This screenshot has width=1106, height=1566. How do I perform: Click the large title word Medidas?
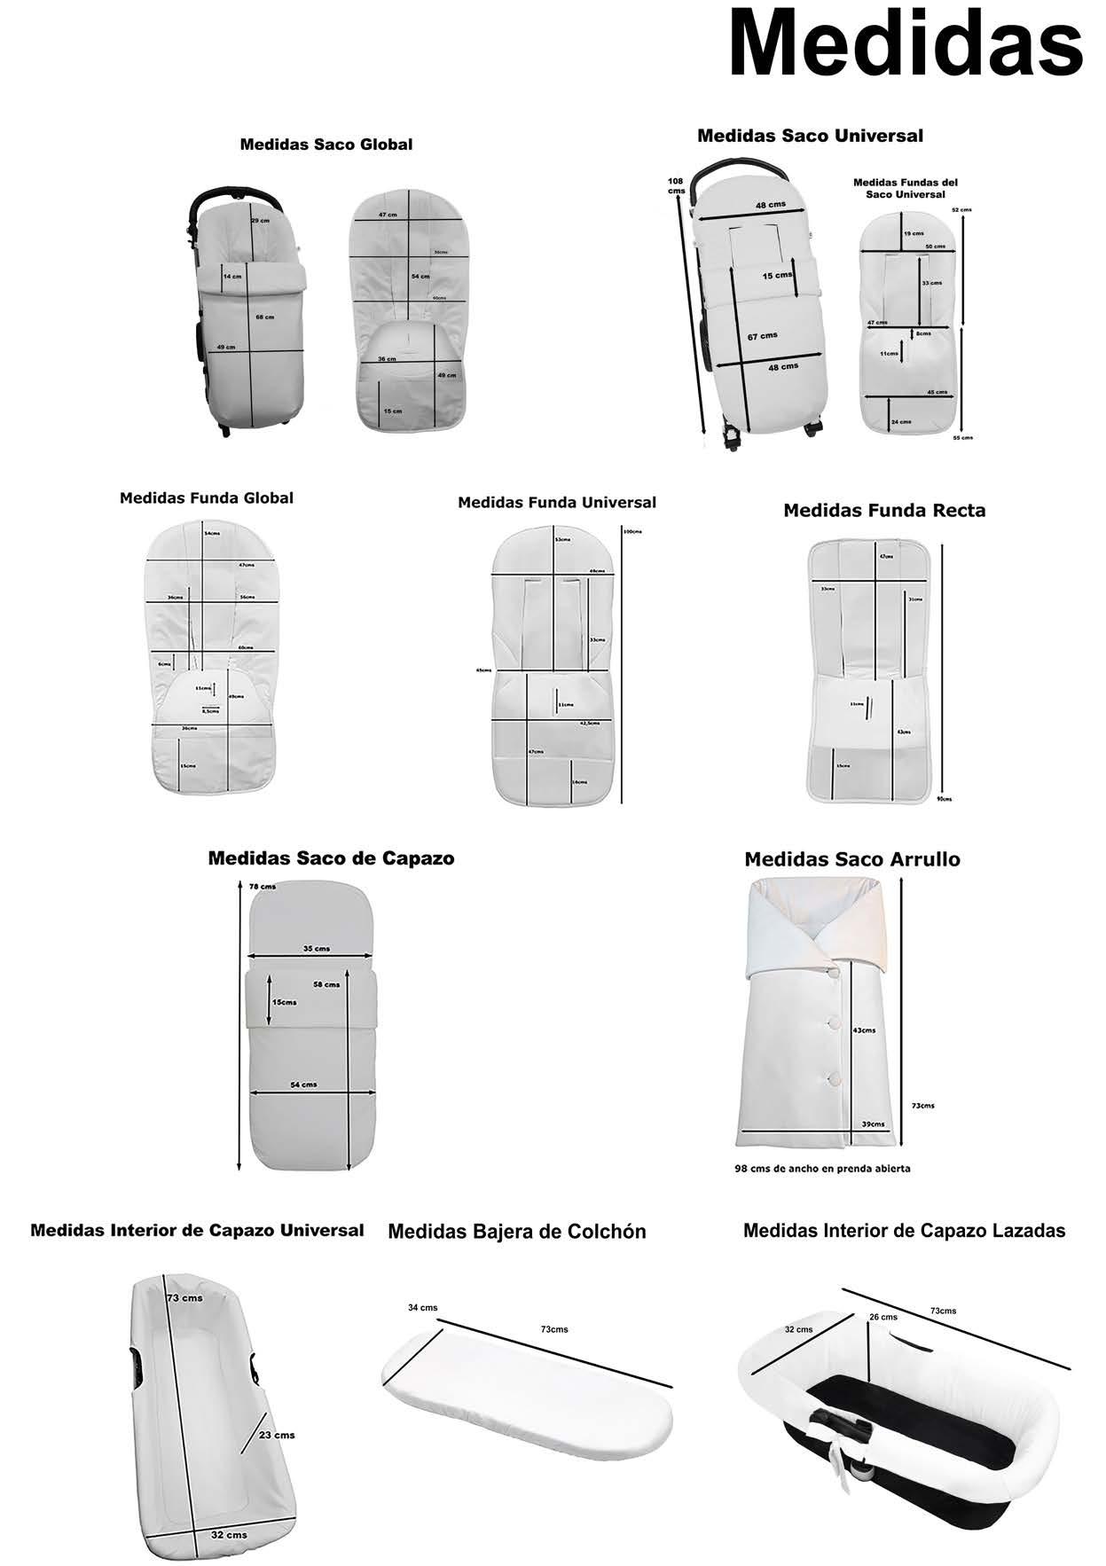[x=905, y=44]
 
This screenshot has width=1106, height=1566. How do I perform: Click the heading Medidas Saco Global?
[x=326, y=145]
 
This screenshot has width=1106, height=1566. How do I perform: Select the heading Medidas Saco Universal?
[x=810, y=136]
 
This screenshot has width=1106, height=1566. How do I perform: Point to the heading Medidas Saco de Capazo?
[x=331, y=858]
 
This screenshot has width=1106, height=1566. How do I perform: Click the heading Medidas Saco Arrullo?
[x=851, y=859]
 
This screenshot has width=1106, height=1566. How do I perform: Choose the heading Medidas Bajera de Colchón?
[x=517, y=1232]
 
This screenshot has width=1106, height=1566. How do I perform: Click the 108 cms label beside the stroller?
[x=677, y=186]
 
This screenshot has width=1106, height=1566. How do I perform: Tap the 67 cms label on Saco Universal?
[x=762, y=336]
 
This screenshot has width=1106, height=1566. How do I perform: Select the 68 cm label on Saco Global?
[x=264, y=317]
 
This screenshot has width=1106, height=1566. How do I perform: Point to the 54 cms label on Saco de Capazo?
[x=303, y=1084]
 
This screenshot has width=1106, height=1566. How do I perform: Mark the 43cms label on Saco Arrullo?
[x=863, y=1030]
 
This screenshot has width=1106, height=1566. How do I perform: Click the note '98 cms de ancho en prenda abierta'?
[x=822, y=1169]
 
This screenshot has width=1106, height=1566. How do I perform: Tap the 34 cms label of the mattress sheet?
[x=422, y=1308]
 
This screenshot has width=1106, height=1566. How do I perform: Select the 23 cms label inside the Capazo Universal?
[x=277, y=1435]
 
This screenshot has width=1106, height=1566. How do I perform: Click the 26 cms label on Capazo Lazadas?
[x=882, y=1318]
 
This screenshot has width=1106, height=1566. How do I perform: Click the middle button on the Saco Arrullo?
[x=835, y=1023]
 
